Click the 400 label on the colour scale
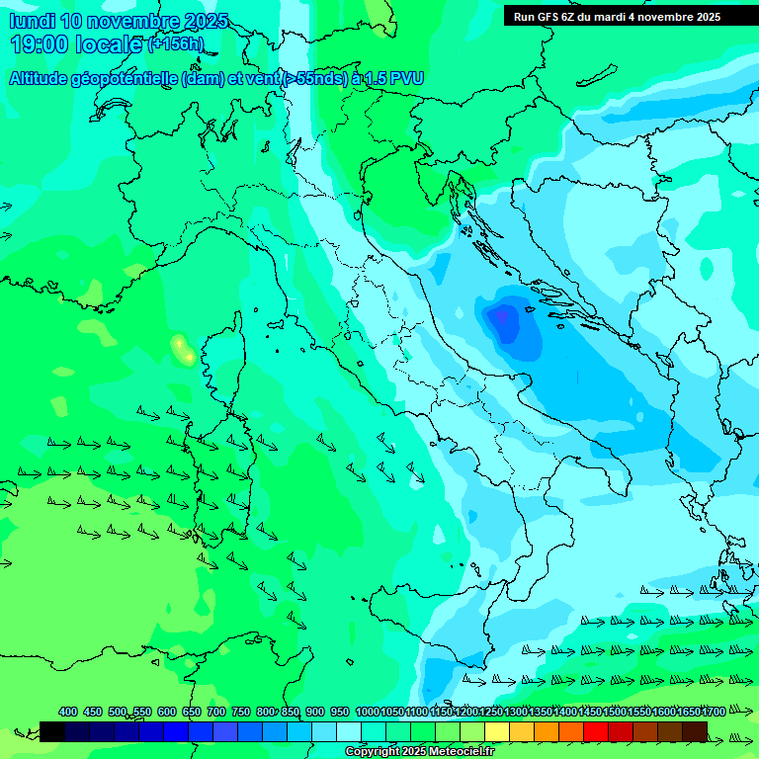tap(67, 712)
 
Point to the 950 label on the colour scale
tap(340, 712)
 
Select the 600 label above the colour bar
tap(166, 712)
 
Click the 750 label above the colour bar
tap(240, 712)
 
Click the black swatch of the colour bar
tap(52, 731)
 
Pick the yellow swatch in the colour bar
tap(497, 731)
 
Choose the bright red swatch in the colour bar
tap(596, 731)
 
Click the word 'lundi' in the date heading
tap(32, 21)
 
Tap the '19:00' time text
tap(40, 44)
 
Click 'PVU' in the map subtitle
tap(406, 78)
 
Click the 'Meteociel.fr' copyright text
tap(454, 752)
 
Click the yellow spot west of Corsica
tap(182, 348)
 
